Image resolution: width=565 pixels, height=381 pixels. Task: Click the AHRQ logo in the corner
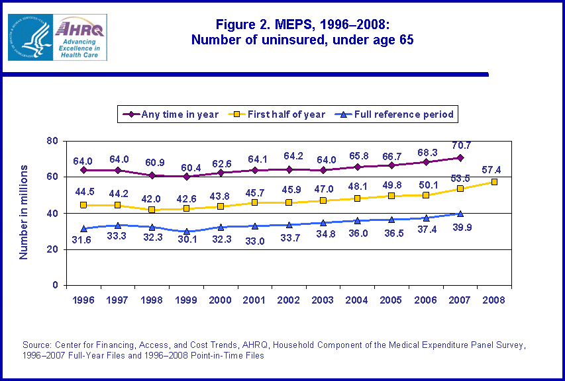(57, 37)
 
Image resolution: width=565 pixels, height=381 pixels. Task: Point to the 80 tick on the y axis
(52, 141)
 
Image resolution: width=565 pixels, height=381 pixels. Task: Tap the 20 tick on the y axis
(52, 249)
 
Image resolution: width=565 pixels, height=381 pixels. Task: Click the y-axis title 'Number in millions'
(24, 213)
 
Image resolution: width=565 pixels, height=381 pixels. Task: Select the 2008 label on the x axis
(494, 300)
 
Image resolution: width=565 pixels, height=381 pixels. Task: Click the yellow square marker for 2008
(494, 182)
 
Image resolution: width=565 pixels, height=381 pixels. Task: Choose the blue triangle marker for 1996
(83, 229)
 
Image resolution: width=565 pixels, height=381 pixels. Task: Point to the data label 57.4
(496, 169)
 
